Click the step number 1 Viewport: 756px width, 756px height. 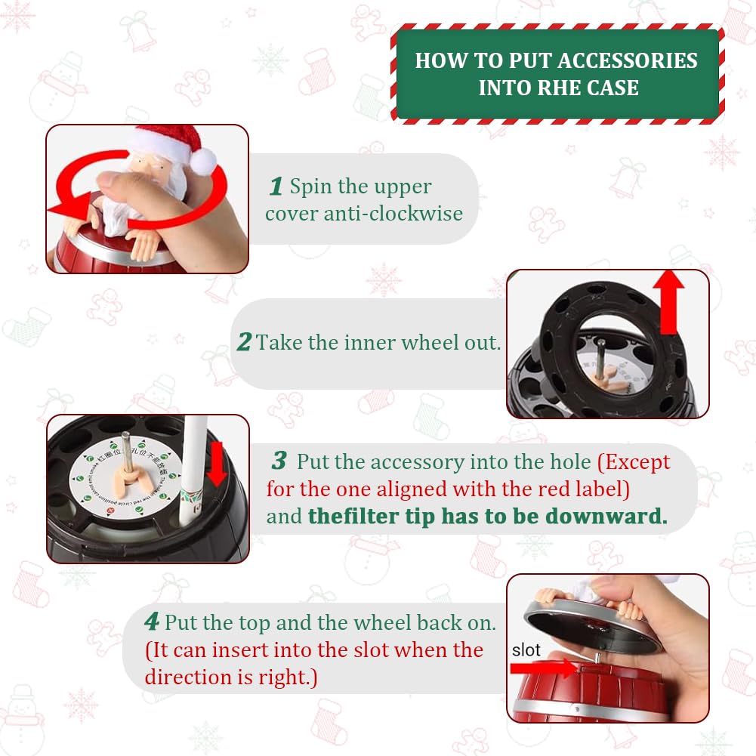pyautogui.click(x=276, y=186)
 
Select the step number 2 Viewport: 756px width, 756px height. pyautogui.click(x=243, y=343)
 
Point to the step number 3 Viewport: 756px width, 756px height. pyautogui.click(x=279, y=461)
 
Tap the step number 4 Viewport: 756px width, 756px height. pyautogui.click(x=152, y=622)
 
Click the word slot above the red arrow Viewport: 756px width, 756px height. pyautogui.click(x=526, y=650)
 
